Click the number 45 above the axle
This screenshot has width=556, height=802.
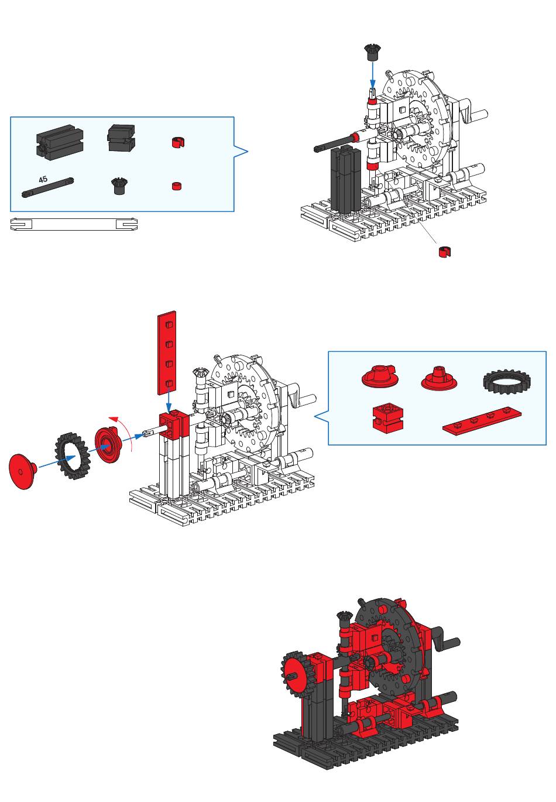(x=43, y=179)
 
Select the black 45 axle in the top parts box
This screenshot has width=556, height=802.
(x=47, y=187)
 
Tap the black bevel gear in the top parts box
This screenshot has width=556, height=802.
(x=119, y=185)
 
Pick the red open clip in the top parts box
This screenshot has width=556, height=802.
(x=178, y=142)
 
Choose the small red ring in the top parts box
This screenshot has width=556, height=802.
(x=176, y=186)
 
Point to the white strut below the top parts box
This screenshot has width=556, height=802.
(x=74, y=224)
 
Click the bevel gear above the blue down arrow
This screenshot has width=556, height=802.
(x=373, y=52)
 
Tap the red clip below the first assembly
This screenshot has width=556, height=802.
(x=445, y=252)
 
